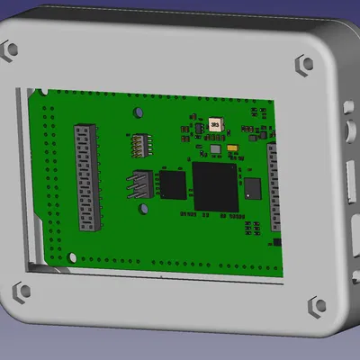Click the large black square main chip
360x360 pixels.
tap(215, 186)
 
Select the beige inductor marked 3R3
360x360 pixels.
tap(215, 126)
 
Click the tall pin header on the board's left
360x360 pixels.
tap(85, 178)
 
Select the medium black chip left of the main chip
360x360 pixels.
tap(173, 184)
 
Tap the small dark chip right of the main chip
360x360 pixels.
tap(252, 188)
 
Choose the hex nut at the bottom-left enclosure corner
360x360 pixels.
tap(17, 292)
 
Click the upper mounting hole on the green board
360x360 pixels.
tap(138, 112)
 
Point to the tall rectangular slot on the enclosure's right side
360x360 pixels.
tap(351, 176)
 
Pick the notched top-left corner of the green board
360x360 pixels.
tap(36, 94)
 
